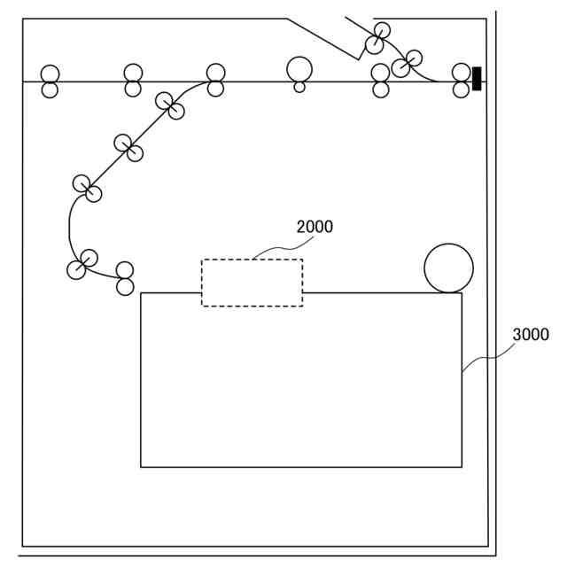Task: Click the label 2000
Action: (x=315, y=227)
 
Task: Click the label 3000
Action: (x=531, y=335)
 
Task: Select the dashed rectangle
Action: (x=252, y=283)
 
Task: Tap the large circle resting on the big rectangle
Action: (x=448, y=268)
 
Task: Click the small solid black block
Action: (x=477, y=78)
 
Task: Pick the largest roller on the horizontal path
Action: (x=299, y=68)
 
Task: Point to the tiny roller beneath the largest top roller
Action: (x=299, y=87)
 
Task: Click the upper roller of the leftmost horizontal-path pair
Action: (x=50, y=74)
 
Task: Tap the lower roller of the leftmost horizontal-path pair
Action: (x=50, y=89)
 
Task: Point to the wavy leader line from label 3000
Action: (x=485, y=356)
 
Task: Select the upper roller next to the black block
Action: (x=461, y=73)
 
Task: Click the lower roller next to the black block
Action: (x=461, y=89)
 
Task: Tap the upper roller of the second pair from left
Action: (x=133, y=74)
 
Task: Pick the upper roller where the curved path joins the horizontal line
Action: (x=215, y=73)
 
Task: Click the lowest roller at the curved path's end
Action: (x=125, y=287)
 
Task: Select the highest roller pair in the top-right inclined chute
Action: (x=378, y=38)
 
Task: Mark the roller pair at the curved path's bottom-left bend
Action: (x=82, y=264)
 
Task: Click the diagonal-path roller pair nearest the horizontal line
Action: (x=170, y=105)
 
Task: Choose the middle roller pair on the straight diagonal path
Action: (x=128, y=148)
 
